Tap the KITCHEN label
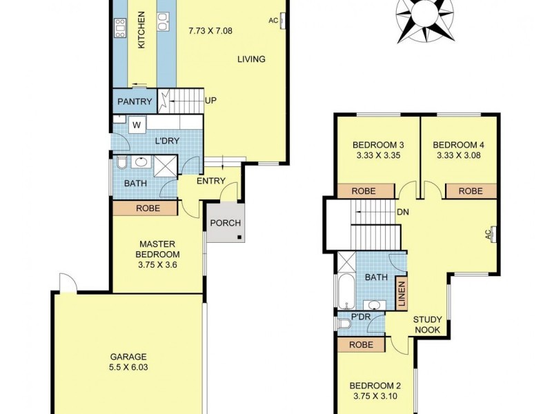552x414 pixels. [x=142, y=30]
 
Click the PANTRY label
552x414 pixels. [x=134, y=102]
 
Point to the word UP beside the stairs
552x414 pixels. [x=210, y=101]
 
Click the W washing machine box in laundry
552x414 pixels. [x=136, y=126]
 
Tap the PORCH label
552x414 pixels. [x=225, y=223]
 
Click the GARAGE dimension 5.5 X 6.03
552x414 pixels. [x=129, y=367]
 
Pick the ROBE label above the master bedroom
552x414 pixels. [x=148, y=208]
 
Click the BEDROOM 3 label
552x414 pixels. [x=377, y=145]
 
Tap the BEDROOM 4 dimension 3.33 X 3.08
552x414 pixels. [x=458, y=156]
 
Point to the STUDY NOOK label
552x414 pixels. [x=428, y=324]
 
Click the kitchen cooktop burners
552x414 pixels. [x=120, y=28]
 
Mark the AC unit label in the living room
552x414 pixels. [x=273, y=21]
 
